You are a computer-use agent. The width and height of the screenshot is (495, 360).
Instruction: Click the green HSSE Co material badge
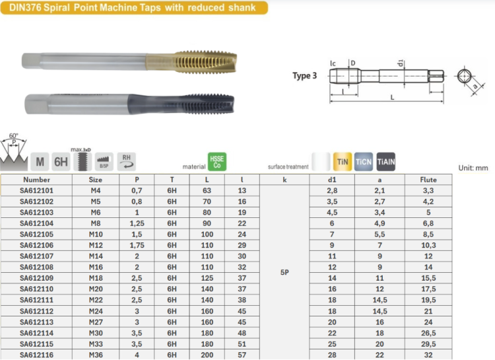click(x=217, y=162)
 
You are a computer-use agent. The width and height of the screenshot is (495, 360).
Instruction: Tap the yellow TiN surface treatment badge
click(x=343, y=162)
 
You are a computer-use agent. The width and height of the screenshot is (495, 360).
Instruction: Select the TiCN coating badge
click(x=364, y=162)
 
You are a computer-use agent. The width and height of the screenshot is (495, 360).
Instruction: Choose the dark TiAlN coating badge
click(x=386, y=162)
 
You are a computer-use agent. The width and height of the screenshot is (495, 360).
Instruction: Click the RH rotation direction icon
click(x=127, y=162)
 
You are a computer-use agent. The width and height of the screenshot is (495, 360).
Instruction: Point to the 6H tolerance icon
click(x=61, y=162)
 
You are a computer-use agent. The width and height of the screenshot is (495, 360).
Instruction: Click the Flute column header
click(x=428, y=180)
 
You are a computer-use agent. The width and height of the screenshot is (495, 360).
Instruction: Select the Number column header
click(x=36, y=180)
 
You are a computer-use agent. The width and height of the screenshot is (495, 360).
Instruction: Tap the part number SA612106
click(x=36, y=245)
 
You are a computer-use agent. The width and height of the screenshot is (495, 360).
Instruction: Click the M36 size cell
click(x=96, y=355)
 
